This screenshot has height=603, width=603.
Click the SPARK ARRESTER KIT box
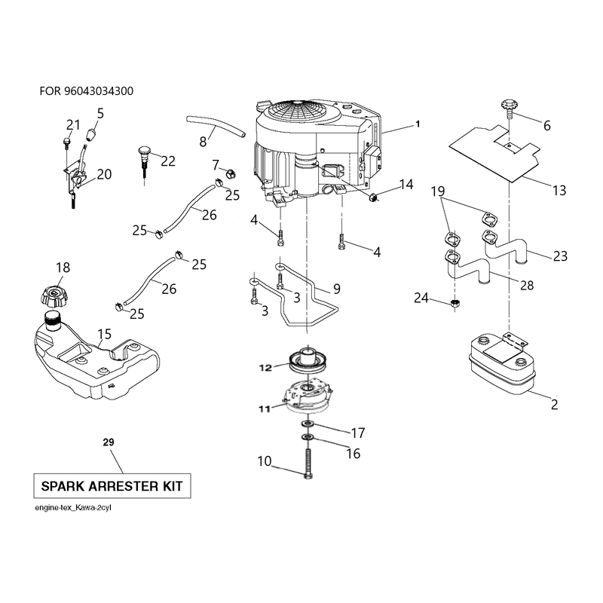112,485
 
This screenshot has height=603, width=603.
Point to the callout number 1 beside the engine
418,124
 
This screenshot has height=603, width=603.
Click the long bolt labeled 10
308,464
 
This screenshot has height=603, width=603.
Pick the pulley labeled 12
308,361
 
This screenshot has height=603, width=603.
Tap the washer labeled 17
308,424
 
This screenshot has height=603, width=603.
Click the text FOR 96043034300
87,91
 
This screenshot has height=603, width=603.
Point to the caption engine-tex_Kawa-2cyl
73,507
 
